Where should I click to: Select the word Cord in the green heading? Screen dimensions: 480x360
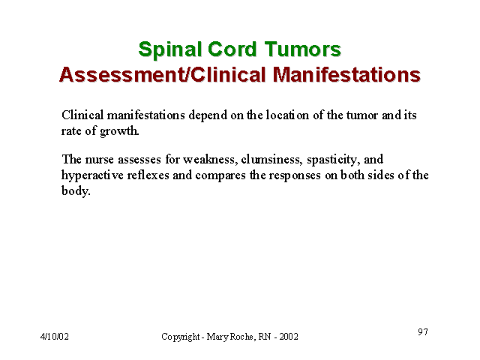[x=232, y=49]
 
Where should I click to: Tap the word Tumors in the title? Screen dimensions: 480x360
[x=302, y=49]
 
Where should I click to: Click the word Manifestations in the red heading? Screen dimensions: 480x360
[x=346, y=74]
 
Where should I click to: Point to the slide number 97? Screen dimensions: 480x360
[x=423, y=331]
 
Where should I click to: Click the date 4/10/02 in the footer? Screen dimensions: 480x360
[x=55, y=337]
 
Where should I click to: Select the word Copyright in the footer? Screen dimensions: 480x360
[x=180, y=337]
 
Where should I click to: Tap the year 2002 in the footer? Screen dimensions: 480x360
[x=289, y=337]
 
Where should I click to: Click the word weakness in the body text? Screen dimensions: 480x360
[x=211, y=160]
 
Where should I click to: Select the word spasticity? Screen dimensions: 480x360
[x=333, y=160]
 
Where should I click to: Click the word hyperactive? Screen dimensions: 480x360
[x=92, y=175]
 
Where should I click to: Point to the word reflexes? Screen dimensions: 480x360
[x=148, y=175]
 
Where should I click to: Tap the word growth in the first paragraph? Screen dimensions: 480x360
[x=119, y=132]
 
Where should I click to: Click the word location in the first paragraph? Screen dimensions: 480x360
[x=287, y=115]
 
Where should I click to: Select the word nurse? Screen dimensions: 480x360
[x=99, y=160]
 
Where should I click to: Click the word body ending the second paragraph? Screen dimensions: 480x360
[x=76, y=191]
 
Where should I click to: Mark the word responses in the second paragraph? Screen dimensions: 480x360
[x=295, y=176]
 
